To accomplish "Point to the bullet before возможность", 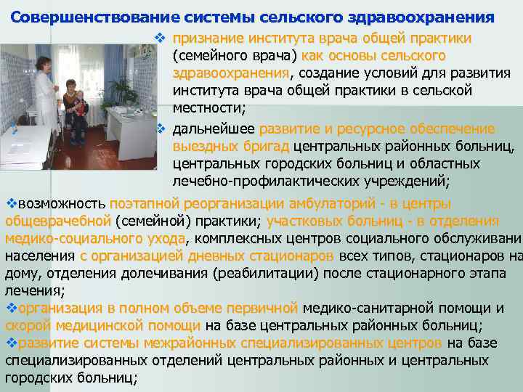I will pos(10,203).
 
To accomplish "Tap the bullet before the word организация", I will pos(10,309).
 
